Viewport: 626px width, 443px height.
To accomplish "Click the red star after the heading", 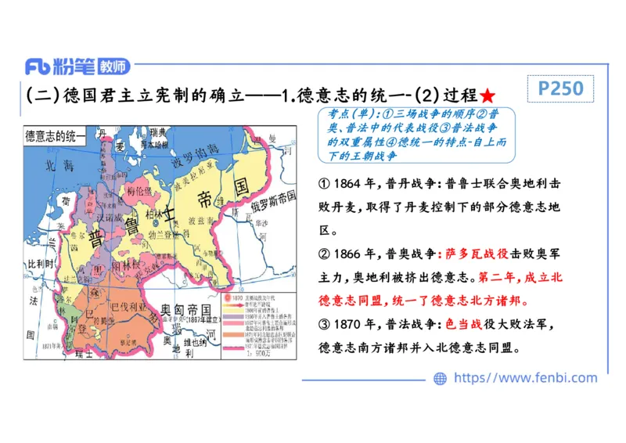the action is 487,96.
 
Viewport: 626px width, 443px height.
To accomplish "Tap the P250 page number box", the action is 561,88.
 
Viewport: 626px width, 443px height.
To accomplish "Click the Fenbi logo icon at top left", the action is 38,67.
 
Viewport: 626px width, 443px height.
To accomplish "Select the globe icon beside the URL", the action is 440,378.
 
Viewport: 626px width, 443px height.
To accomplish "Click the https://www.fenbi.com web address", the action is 525,378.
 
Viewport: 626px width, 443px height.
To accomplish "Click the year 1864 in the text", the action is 347,185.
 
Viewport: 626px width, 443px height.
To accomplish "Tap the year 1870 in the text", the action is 347,324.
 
